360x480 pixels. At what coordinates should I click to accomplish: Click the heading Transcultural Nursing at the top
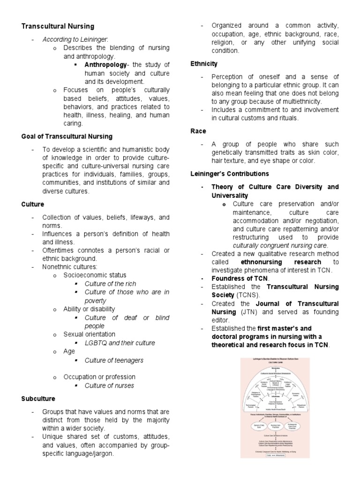pyautogui.click(x=58, y=26)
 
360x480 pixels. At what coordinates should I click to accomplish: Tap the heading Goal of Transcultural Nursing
pyautogui.click(x=67, y=136)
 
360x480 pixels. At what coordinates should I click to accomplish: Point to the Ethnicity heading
pyautogui.click(x=204, y=64)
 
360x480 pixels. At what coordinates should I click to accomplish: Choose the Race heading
pyautogui.click(x=198, y=131)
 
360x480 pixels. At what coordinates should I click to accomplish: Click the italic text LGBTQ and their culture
pyautogui.click(x=120, y=343)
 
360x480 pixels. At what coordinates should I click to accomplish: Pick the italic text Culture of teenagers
pyautogui.click(x=114, y=360)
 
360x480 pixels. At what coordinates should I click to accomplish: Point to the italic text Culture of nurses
pyautogui.click(x=109, y=386)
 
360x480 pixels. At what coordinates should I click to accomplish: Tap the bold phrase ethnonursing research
pyautogui.click(x=281, y=262)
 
